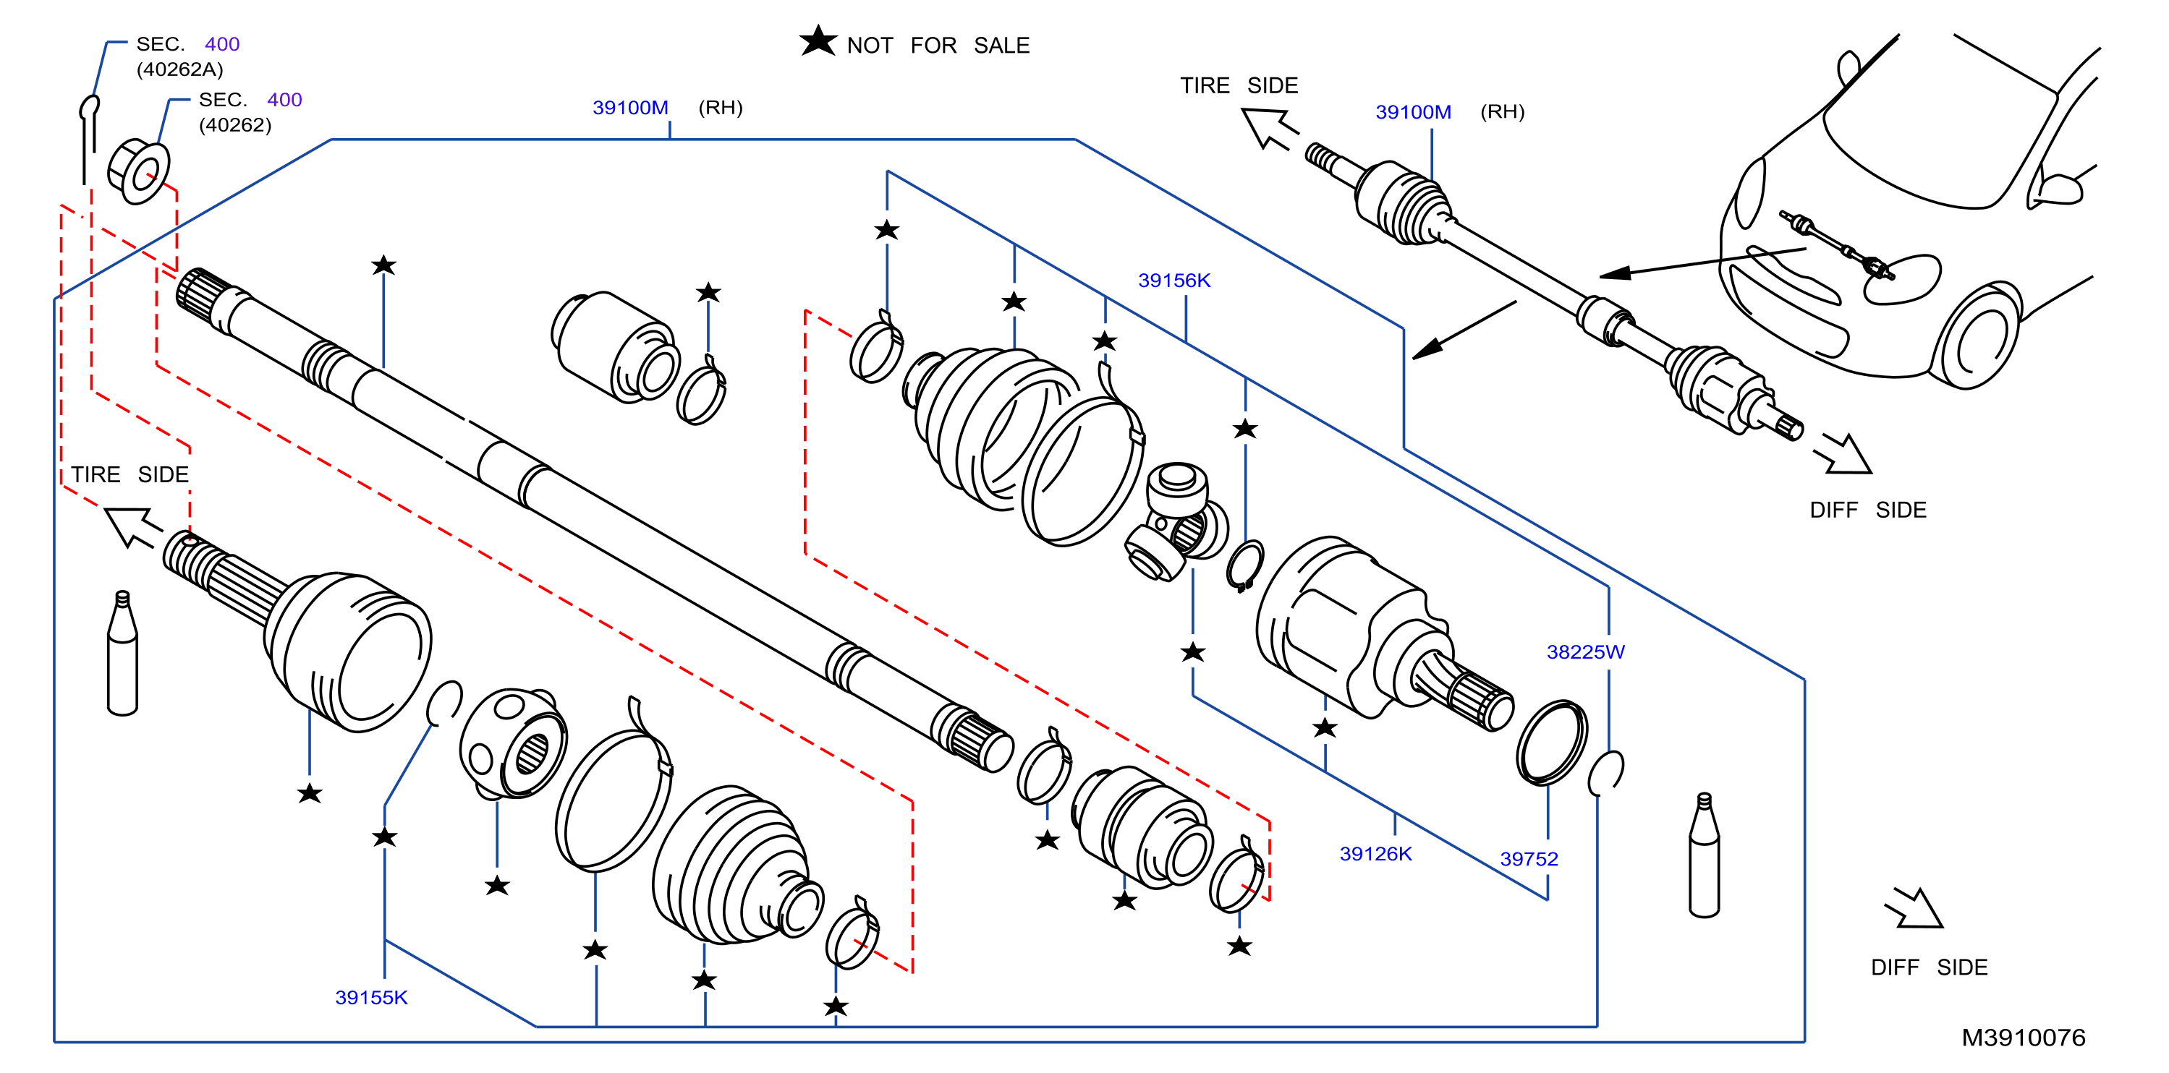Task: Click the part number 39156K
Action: click(x=1173, y=281)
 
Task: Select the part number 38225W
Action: click(x=1585, y=651)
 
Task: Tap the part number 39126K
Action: click(x=1376, y=853)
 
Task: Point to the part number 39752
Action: click(x=1529, y=858)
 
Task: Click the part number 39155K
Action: click(x=371, y=997)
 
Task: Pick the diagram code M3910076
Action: click(x=2024, y=1038)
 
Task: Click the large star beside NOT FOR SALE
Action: click(x=818, y=40)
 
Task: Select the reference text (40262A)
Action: click(x=180, y=69)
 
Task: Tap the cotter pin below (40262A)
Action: click(x=88, y=139)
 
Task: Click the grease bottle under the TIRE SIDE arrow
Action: click(x=122, y=653)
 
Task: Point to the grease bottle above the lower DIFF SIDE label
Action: click(x=1705, y=854)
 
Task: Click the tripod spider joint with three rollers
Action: click(x=1176, y=522)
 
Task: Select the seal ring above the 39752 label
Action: click(x=1553, y=743)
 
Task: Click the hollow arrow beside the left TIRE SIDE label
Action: click(x=132, y=526)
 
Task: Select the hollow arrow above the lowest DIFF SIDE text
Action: click(x=1914, y=908)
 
